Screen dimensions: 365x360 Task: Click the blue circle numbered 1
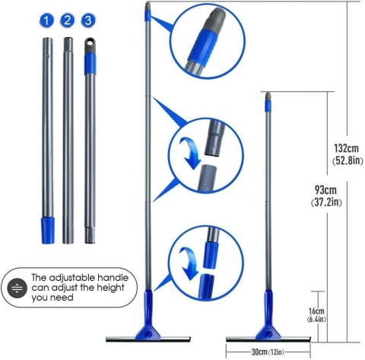pyautogui.click(x=46, y=21)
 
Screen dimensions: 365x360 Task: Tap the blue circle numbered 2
pyautogui.click(x=67, y=21)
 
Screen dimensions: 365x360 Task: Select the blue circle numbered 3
pyautogui.click(x=88, y=21)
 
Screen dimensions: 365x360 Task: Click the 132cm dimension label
pyautogui.click(x=346, y=148)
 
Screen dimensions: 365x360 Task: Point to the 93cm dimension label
pyautogui.click(x=325, y=190)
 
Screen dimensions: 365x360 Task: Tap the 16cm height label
pyautogui.click(x=316, y=311)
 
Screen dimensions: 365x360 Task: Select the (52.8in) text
pyautogui.click(x=348, y=161)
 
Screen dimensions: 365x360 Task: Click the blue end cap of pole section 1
pyautogui.click(x=48, y=231)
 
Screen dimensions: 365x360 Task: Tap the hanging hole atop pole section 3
pyautogui.click(x=90, y=43)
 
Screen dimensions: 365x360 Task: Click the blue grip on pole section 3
pyautogui.click(x=90, y=64)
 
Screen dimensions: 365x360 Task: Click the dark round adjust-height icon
pyautogui.click(x=17, y=288)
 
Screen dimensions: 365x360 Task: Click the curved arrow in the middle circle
pyautogui.click(x=189, y=152)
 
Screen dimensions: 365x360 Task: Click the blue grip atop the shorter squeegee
pyautogui.click(x=268, y=106)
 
